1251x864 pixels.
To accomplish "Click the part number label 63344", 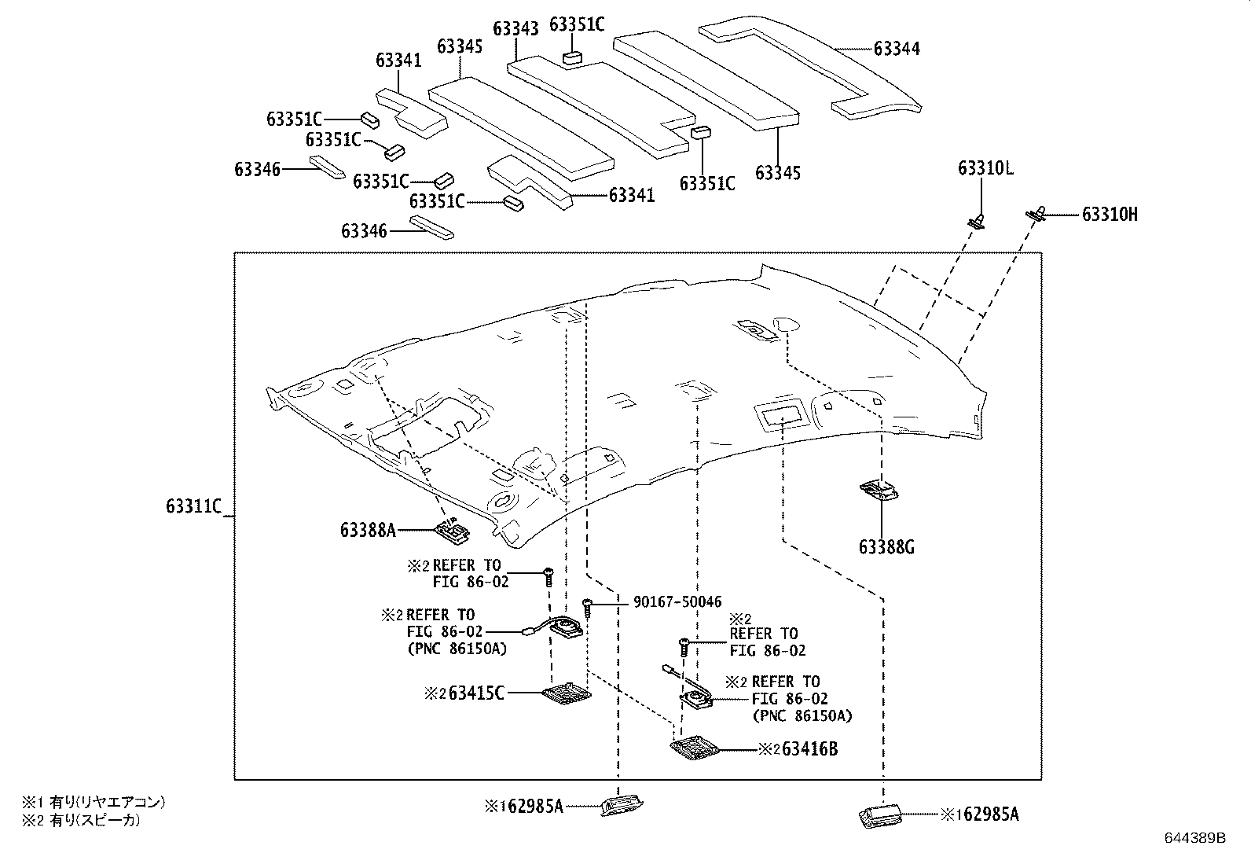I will (x=897, y=49).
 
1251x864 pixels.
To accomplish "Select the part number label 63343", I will (x=515, y=29).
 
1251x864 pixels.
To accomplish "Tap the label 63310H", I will (x=1110, y=214).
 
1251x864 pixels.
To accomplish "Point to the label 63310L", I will (x=985, y=168).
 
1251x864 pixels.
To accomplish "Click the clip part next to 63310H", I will (x=1037, y=212).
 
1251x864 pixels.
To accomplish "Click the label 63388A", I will (x=368, y=530).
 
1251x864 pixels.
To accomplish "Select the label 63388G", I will (x=886, y=547).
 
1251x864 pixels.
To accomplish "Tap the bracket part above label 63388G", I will (x=880, y=491).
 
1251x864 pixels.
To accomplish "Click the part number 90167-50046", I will (x=677, y=602).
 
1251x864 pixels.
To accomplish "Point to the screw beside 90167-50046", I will (x=588, y=606).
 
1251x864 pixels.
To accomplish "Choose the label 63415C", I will (x=475, y=693).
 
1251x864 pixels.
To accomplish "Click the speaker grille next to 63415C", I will (x=567, y=693).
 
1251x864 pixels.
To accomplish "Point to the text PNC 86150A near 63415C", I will (x=457, y=649).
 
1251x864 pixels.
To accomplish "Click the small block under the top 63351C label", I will (x=572, y=57).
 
